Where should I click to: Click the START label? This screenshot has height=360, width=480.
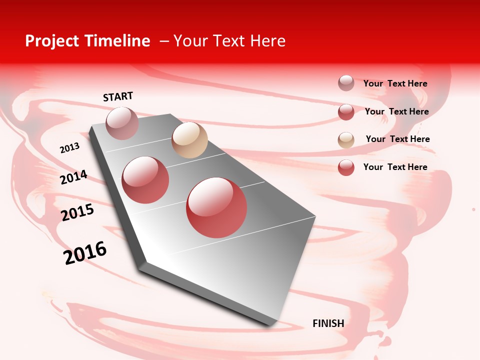click(118, 96)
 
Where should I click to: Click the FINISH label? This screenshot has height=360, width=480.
click(328, 323)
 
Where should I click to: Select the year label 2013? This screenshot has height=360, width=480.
click(69, 148)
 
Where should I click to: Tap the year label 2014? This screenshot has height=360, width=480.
click(73, 177)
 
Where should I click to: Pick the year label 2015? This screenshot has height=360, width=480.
click(77, 212)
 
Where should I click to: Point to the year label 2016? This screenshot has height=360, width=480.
click(85, 253)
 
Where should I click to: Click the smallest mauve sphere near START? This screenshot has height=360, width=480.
click(122, 123)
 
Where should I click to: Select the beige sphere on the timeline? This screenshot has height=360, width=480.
click(189, 140)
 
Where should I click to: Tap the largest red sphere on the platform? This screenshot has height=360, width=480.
click(216, 207)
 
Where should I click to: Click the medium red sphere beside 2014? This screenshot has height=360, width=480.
click(145, 179)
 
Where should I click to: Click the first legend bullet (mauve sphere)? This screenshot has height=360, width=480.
click(346, 83)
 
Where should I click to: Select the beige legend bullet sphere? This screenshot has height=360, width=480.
click(346, 140)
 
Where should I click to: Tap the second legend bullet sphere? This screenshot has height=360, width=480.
click(346, 112)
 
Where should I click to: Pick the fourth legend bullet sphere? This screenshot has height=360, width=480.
click(346, 167)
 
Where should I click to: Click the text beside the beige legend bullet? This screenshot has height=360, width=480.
click(397, 139)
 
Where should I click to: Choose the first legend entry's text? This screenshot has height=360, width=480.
click(395, 83)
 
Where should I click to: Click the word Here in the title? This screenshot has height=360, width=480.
click(268, 41)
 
